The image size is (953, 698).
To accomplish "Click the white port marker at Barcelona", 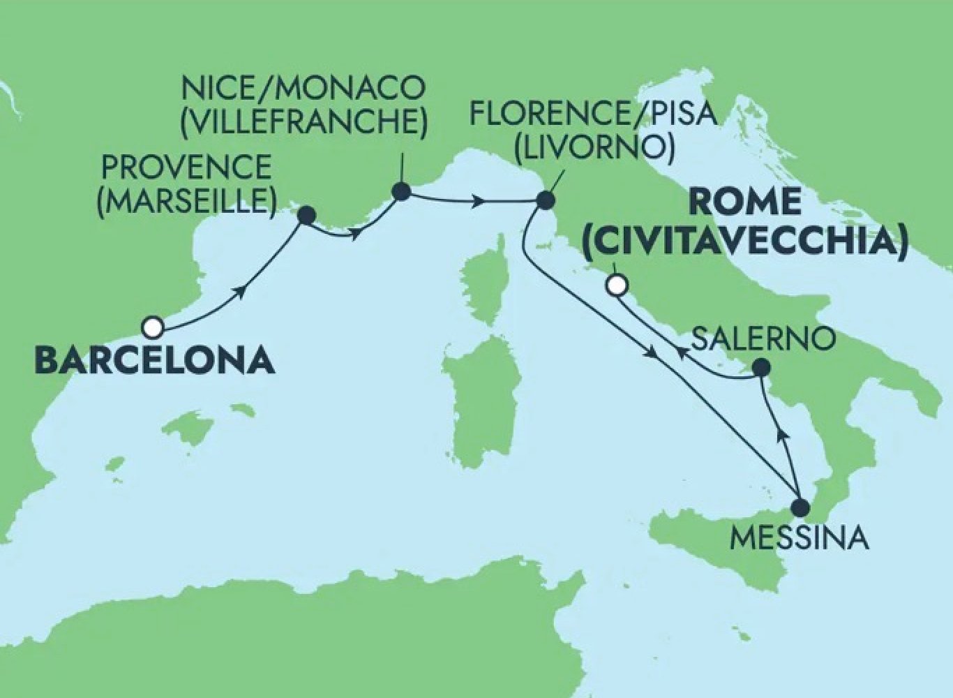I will tap(153, 326).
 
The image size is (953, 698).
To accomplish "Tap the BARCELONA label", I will tap(154, 360).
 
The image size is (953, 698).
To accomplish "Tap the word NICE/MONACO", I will tap(303, 89).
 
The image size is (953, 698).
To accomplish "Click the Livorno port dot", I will tap(545, 201).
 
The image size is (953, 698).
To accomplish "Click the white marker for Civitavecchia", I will tap(615, 285).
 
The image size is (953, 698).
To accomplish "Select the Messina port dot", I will tap(800, 507).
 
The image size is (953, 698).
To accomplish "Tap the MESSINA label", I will tap(799, 538).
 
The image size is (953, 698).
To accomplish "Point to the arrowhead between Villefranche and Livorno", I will tap(479, 202).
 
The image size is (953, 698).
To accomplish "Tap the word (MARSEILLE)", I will tap(186, 200).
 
